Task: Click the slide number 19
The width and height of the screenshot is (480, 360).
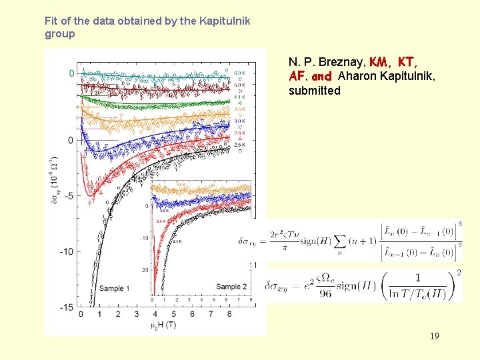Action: click(434, 336)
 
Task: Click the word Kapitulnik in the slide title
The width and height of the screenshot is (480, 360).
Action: click(223, 21)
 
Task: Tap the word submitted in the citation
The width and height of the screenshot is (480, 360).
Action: click(314, 90)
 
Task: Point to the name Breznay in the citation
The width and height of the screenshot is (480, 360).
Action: click(341, 62)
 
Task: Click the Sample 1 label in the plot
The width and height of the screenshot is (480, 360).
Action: click(115, 288)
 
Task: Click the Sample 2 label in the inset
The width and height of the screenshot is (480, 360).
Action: click(231, 287)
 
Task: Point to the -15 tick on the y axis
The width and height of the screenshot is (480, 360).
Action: click(66, 307)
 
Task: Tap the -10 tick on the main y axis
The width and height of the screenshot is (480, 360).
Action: click(66, 251)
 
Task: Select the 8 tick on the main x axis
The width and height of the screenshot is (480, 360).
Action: click(230, 313)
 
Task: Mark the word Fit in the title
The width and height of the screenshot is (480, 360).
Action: click(51, 21)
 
